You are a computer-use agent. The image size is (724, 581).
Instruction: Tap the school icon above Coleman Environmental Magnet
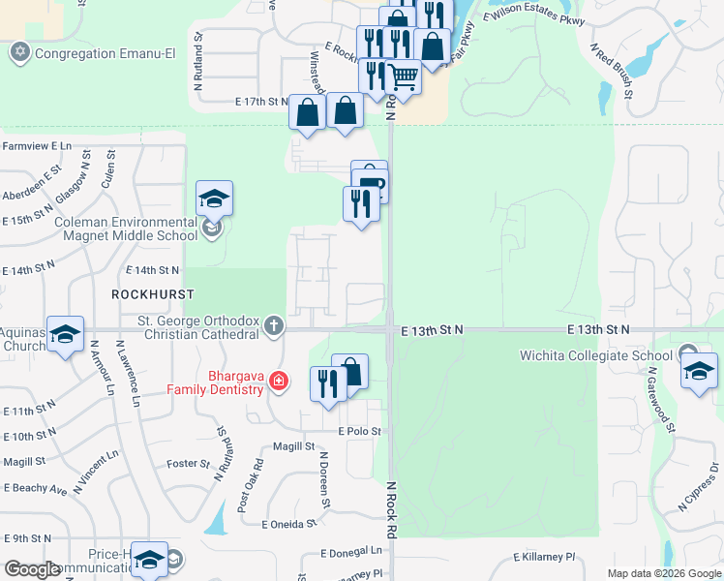pos(214,199)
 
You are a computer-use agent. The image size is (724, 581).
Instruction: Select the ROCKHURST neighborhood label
pos(153,293)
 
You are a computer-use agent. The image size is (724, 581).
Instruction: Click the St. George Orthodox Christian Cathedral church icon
pos(274,325)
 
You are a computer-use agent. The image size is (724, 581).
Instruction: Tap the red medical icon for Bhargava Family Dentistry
pos(279,382)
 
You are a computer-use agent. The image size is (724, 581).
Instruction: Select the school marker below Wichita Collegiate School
pos(699,372)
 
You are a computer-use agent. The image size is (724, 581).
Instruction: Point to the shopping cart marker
pos(403,76)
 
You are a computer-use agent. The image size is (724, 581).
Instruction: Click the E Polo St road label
pos(359,431)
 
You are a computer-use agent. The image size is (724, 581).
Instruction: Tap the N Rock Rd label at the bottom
pos(392,510)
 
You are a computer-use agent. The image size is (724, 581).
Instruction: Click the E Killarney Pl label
pos(543,558)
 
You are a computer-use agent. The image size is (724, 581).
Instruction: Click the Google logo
pos(33,569)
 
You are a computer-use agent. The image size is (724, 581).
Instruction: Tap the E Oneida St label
pos(289,524)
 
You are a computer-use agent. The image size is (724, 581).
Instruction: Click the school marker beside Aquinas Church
pos(65,335)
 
